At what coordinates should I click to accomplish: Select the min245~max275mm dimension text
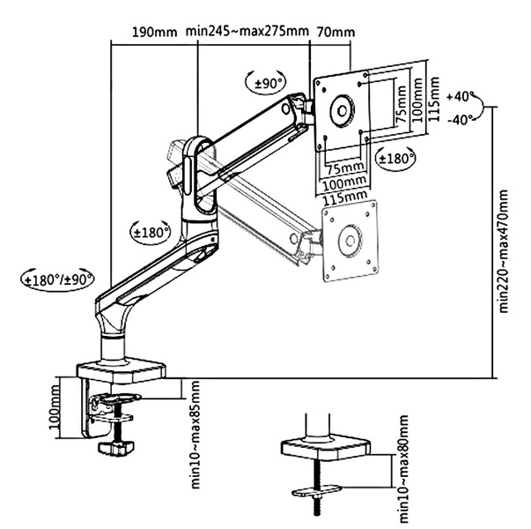[x=247, y=33]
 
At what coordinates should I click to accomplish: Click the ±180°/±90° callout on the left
[x=55, y=279]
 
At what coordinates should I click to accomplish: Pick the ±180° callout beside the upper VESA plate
[x=395, y=159]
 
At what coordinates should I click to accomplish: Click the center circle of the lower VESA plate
[x=350, y=238]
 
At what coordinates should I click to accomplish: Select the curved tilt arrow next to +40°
[x=484, y=108]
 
